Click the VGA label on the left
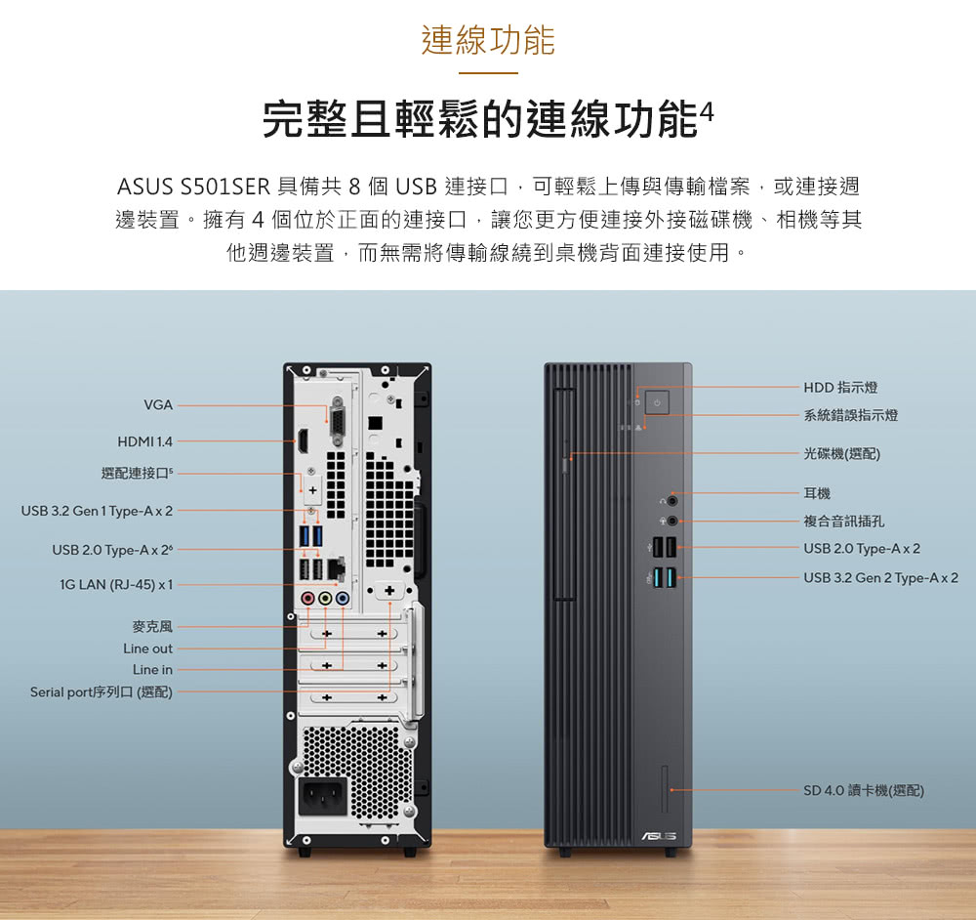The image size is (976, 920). pos(158,404)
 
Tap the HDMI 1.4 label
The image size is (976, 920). pos(144,441)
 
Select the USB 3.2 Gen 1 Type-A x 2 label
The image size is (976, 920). pos(97,511)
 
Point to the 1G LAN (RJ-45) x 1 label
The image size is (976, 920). pos(116,584)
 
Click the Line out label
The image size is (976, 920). pos(147,648)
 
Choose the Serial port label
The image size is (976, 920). pos(102,692)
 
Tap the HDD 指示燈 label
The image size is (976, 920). pos(840,388)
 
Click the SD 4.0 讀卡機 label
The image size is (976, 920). pos(863,790)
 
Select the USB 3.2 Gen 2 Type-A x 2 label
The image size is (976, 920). pos(880,578)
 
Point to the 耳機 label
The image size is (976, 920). pos(818,493)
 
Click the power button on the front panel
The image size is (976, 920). pos(657,402)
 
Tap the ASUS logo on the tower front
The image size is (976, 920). pos(657,835)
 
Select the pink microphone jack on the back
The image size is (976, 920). pos(308,598)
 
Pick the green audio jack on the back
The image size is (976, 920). pos(325,598)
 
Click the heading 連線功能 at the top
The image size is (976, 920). pos(488,41)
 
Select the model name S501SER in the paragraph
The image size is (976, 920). pos(225,186)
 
